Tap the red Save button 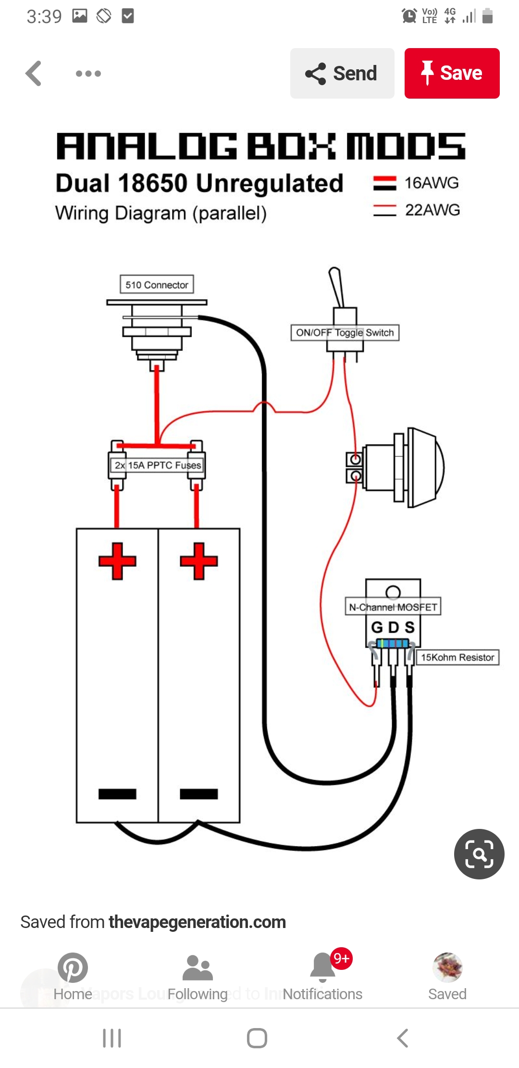tap(452, 73)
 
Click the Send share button tap(342, 73)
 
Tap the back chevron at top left tap(34, 74)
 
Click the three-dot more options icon tap(88, 74)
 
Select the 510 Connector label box tap(157, 284)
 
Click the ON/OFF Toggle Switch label tap(345, 332)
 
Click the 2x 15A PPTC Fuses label tap(157, 465)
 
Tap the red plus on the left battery tap(117, 561)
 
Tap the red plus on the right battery tap(198, 561)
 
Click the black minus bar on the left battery tap(117, 794)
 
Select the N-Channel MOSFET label tap(393, 607)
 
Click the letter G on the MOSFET tap(377, 627)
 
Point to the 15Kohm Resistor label tap(457, 657)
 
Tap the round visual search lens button tap(479, 854)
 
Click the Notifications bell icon tap(323, 967)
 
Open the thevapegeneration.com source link tap(197, 922)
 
